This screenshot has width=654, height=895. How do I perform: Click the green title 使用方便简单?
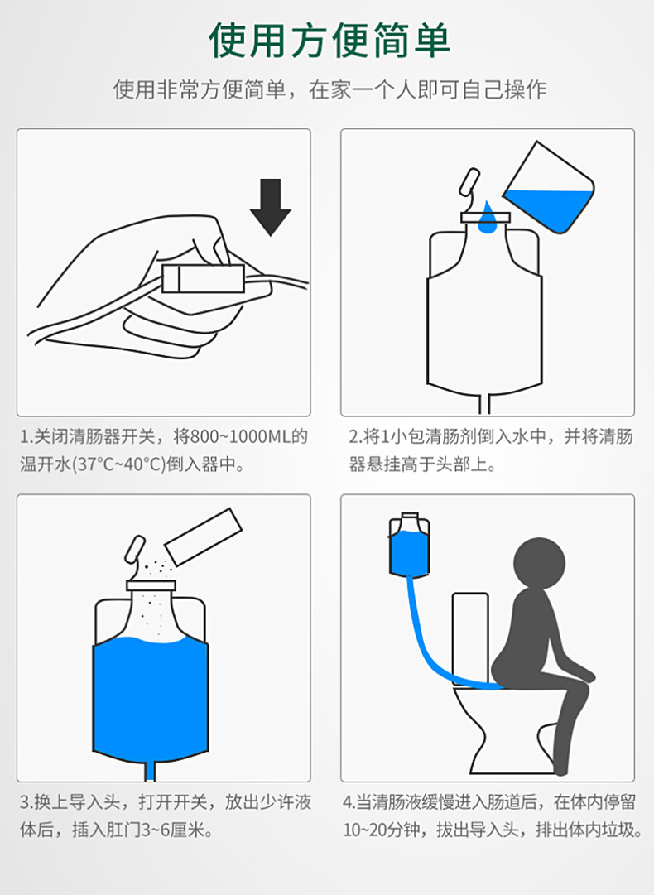click(x=329, y=41)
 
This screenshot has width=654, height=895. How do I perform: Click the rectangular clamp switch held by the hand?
click(x=204, y=277)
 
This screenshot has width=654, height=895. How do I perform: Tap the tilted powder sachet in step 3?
click(x=204, y=537)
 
